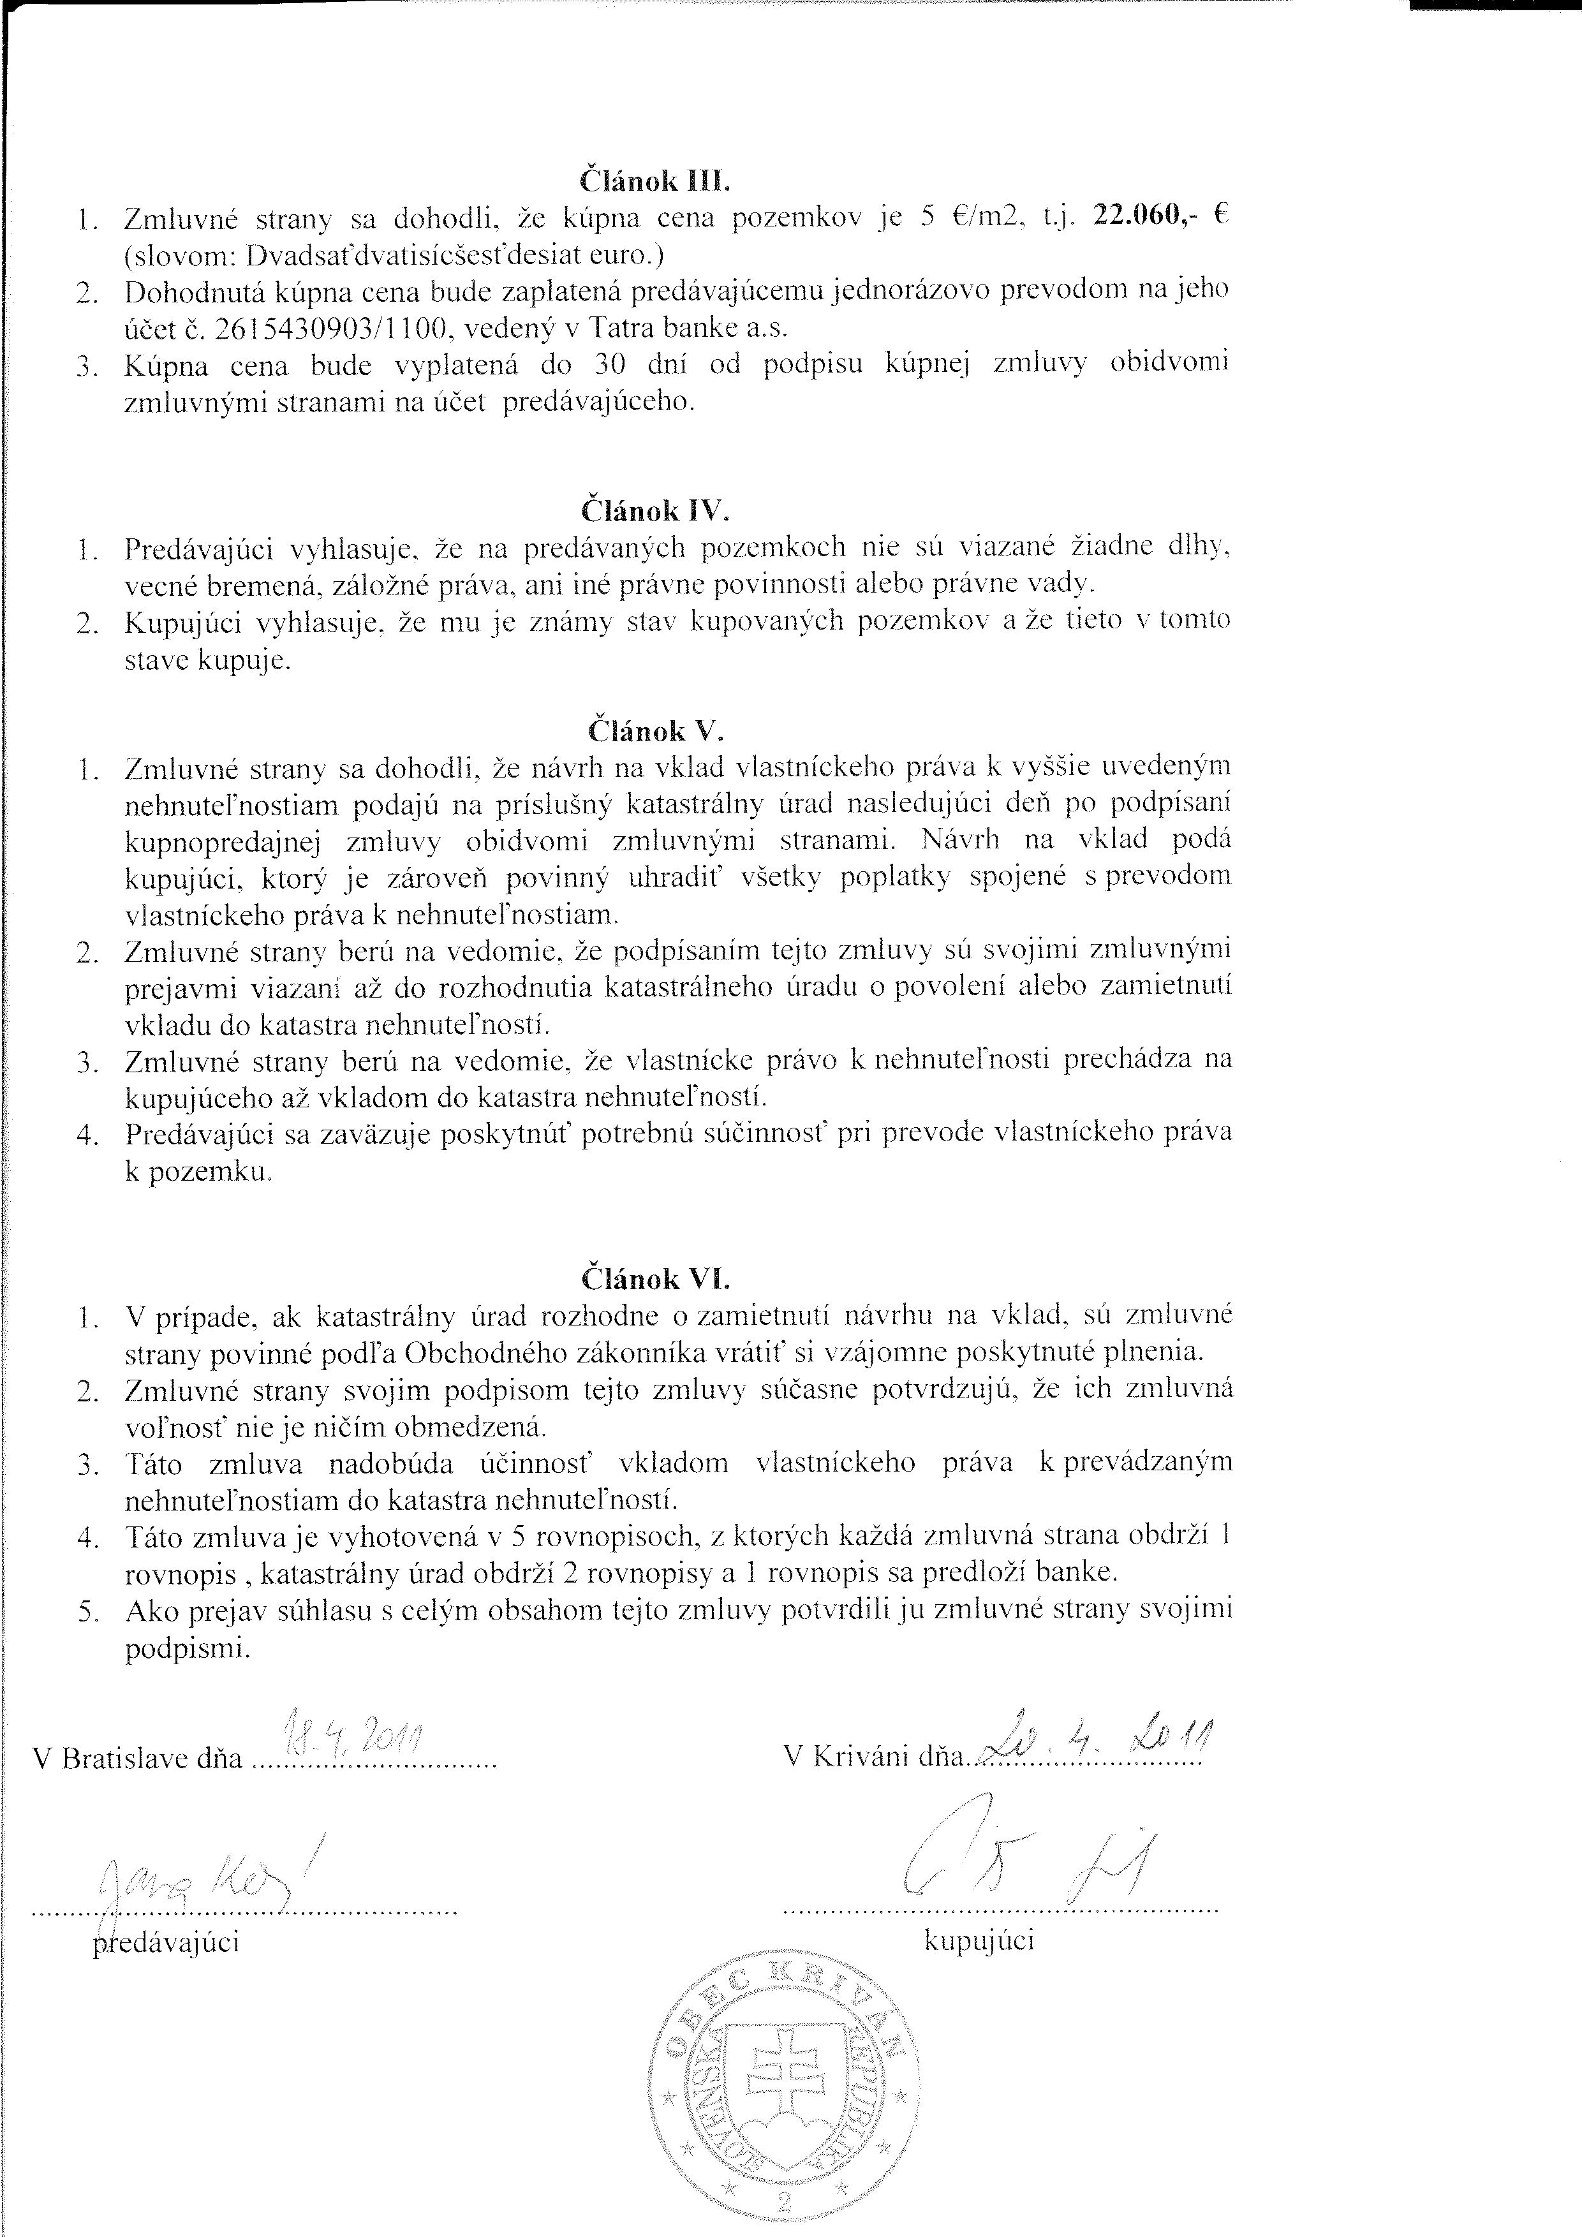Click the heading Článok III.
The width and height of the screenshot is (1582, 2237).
coord(654,181)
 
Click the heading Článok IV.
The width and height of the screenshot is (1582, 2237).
coord(654,510)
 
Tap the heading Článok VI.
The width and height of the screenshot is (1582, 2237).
coord(654,1277)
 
